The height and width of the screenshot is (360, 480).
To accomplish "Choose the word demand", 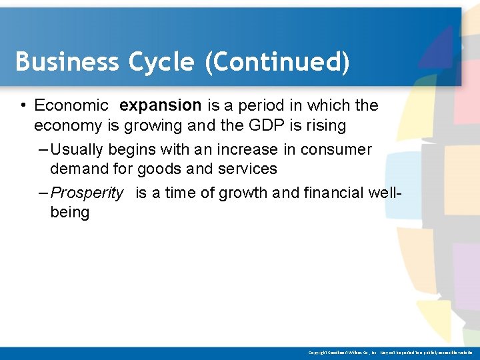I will tap(79, 169).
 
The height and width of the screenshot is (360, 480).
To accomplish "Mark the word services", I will tap(247, 169).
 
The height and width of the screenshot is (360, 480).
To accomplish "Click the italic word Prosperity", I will tap(87, 193).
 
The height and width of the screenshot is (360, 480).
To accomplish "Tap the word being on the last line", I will tap(69, 212).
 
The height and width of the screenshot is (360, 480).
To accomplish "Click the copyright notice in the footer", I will tap(390, 352).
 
